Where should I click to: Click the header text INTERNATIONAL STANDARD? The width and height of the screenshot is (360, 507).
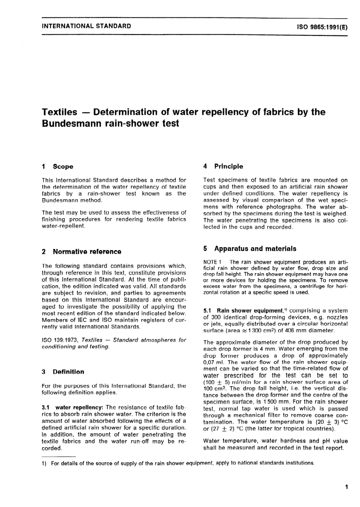[86, 26]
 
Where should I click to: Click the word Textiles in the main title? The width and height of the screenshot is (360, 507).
[59, 112]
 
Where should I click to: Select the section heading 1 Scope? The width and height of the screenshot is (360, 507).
[58, 167]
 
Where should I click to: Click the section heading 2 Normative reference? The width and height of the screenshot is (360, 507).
[81, 252]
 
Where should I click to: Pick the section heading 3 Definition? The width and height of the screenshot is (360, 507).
[63, 372]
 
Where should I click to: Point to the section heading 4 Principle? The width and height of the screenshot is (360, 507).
[223, 166]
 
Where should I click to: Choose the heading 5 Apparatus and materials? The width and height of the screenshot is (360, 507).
[250, 249]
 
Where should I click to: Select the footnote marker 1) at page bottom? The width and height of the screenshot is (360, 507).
[44, 463]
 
